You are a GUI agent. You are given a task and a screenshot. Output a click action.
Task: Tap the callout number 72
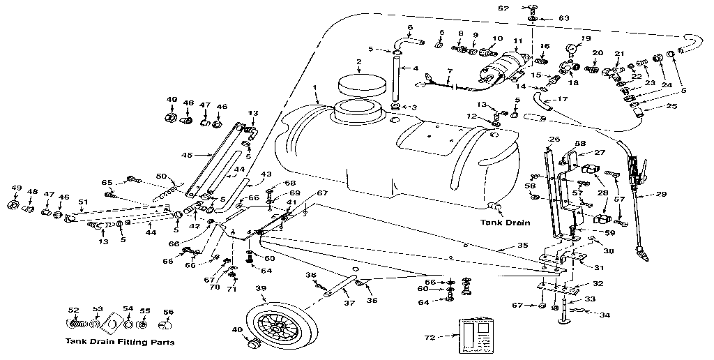pos(430,337)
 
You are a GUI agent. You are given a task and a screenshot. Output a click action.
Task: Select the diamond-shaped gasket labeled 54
pos(109,324)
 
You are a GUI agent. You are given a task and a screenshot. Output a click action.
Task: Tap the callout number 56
pos(167,311)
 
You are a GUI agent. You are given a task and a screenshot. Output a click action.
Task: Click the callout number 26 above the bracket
pos(555,139)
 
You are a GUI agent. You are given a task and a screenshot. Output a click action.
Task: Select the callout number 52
pos(73,310)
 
